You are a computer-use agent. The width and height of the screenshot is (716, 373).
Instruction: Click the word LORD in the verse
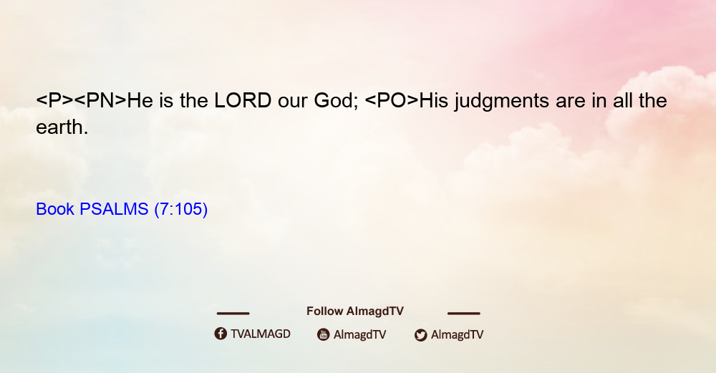point(243,100)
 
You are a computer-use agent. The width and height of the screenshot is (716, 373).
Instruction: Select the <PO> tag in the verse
point(392,100)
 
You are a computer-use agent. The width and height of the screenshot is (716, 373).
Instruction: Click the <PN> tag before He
point(100,100)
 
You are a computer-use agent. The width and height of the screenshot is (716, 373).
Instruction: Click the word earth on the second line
point(62,127)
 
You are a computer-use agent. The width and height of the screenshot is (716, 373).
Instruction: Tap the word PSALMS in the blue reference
point(114,209)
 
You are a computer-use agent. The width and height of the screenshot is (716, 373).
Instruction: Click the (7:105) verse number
point(181,210)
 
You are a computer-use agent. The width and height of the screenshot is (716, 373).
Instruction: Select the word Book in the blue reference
point(55,209)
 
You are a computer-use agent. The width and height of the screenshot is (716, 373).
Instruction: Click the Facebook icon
point(221,334)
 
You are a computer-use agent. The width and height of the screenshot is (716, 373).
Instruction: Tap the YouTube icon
point(324,334)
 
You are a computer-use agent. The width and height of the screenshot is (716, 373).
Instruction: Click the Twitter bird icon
point(420,335)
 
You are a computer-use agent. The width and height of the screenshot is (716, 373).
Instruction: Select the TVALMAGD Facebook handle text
point(261,334)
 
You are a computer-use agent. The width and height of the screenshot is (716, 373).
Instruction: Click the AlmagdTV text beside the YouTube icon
point(360,335)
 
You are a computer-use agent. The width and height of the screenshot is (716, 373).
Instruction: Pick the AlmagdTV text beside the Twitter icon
point(457,335)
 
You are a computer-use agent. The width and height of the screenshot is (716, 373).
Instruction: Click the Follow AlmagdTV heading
point(355,311)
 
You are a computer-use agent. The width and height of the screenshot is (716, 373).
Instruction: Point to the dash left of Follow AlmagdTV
point(233,314)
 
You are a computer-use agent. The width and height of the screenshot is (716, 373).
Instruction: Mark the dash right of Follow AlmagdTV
point(464,314)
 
